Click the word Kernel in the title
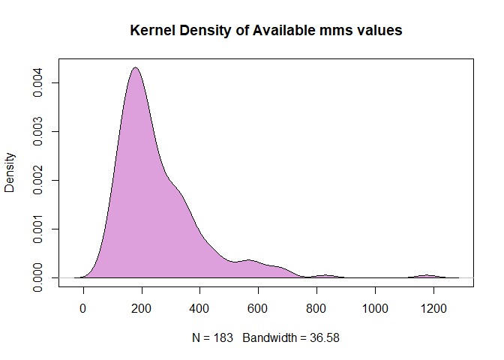click(x=150, y=31)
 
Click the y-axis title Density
click(x=10, y=173)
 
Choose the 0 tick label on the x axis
click(x=83, y=307)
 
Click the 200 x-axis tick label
click(x=141, y=307)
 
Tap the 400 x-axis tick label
click(x=199, y=307)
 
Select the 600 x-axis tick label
click(x=257, y=307)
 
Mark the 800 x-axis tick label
click(x=316, y=307)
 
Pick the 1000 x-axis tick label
click(x=374, y=307)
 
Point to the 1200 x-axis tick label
click(x=432, y=307)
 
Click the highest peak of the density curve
click(x=135, y=67)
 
